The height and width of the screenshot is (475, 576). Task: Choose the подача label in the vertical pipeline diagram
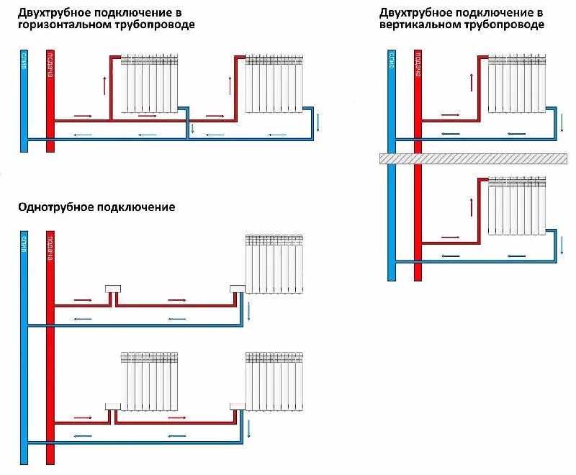418,65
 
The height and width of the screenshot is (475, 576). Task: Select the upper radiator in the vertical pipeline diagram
516,85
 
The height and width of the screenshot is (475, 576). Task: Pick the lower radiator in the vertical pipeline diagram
516,207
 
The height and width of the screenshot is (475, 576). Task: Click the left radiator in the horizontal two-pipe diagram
150,83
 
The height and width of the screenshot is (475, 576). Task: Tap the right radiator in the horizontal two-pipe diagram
274,83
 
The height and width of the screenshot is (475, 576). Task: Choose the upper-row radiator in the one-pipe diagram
274,263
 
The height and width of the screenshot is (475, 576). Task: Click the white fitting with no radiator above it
112,289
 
